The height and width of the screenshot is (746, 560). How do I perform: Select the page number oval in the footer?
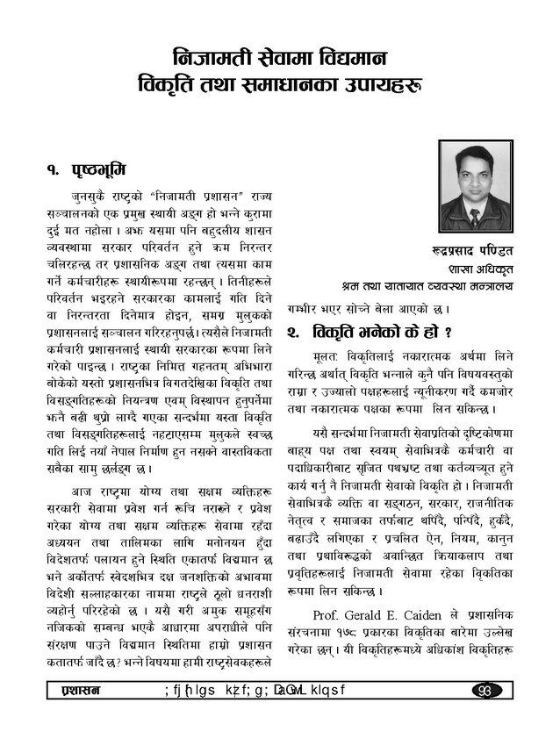point(485,690)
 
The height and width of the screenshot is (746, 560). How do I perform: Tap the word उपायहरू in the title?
point(383,89)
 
